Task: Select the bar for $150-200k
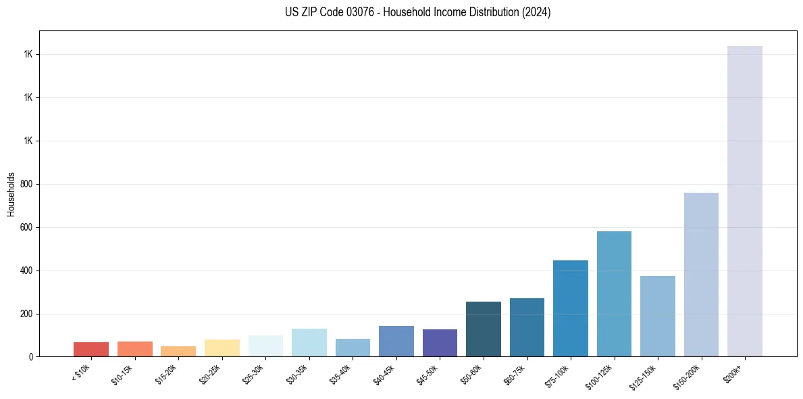coord(701,275)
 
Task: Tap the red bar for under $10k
coord(91,349)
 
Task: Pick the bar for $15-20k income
coord(178,351)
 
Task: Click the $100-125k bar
coord(614,294)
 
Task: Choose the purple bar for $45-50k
coord(440,343)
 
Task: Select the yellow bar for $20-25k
coord(222,348)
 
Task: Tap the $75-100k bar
coord(571,308)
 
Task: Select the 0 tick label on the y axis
coord(30,357)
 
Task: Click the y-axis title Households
coord(11,194)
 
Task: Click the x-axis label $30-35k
coord(298,373)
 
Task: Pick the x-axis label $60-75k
coord(516,373)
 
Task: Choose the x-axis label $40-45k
coord(385,373)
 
